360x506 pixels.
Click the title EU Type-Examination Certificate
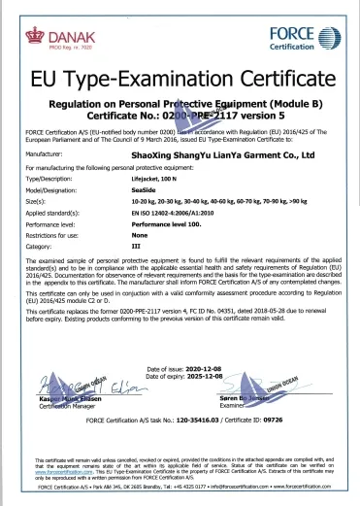tap(180, 79)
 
